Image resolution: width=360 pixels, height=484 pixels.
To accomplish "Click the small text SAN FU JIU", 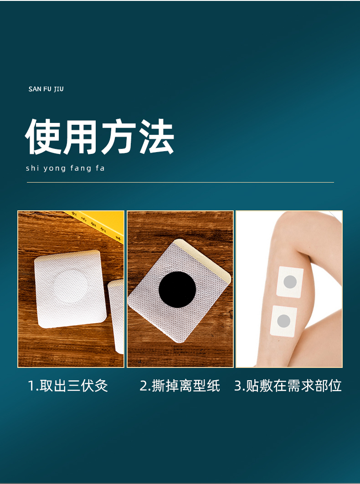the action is [46, 89].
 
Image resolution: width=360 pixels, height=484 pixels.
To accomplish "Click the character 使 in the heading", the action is [44, 137].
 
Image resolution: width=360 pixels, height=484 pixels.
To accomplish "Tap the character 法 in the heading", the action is [156, 137].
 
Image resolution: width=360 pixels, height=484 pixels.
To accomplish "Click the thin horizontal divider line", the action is [180, 183].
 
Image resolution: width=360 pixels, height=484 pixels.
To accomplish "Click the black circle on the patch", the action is [177, 290].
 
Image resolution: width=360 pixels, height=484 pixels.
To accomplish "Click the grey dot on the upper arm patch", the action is [290, 282].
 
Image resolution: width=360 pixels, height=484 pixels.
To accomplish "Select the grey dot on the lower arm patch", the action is [284, 321].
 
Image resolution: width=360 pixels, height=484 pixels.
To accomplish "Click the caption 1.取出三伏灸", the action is [68, 386].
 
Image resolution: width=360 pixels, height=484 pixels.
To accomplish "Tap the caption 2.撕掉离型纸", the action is [180, 386].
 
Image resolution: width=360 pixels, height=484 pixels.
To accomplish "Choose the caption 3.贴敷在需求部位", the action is [288, 386].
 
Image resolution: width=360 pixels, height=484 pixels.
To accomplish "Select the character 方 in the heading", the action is [118, 137].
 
